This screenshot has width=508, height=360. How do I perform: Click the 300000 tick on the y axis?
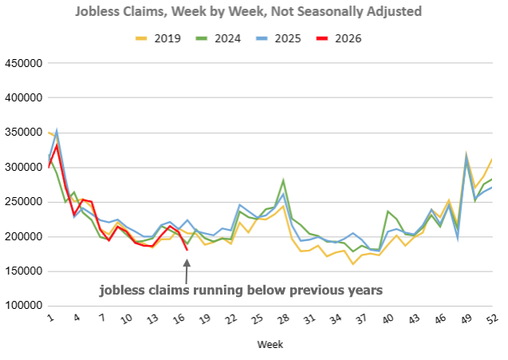click(x=25, y=168)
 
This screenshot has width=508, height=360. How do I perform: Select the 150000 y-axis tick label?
click(x=25, y=271)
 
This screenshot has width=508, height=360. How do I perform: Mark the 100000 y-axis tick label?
click(x=25, y=306)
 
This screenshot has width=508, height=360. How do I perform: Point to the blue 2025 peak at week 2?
click(x=57, y=130)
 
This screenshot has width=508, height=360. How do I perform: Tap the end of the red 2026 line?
click(x=187, y=250)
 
